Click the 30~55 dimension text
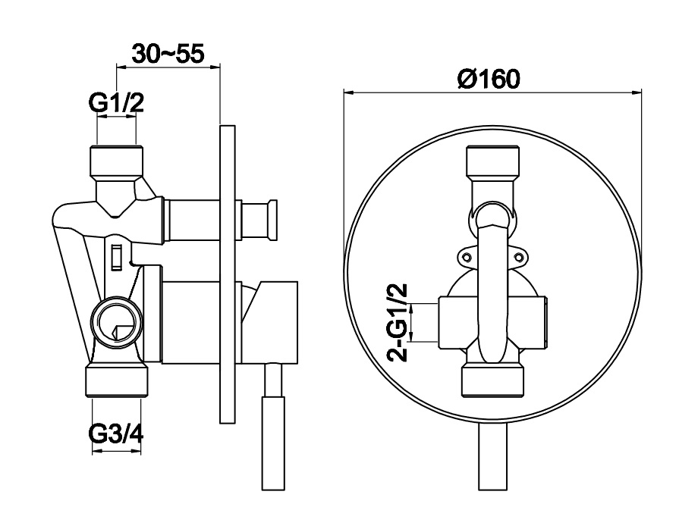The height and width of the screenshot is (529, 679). (x=168, y=54)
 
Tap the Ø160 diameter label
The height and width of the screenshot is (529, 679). (x=489, y=79)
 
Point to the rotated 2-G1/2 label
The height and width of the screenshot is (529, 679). (x=397, y=322)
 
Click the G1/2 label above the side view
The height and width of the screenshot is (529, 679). (x=116, y=103)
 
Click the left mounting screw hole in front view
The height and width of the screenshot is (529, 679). (x=467, y=258)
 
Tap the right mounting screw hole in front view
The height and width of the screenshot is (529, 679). (x=520, y=258)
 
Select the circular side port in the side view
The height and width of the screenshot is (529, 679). (x=117, y=321)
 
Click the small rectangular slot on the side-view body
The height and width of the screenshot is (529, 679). (x=116, y=258)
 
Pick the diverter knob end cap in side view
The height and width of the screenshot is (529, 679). (x=272, y=220)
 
